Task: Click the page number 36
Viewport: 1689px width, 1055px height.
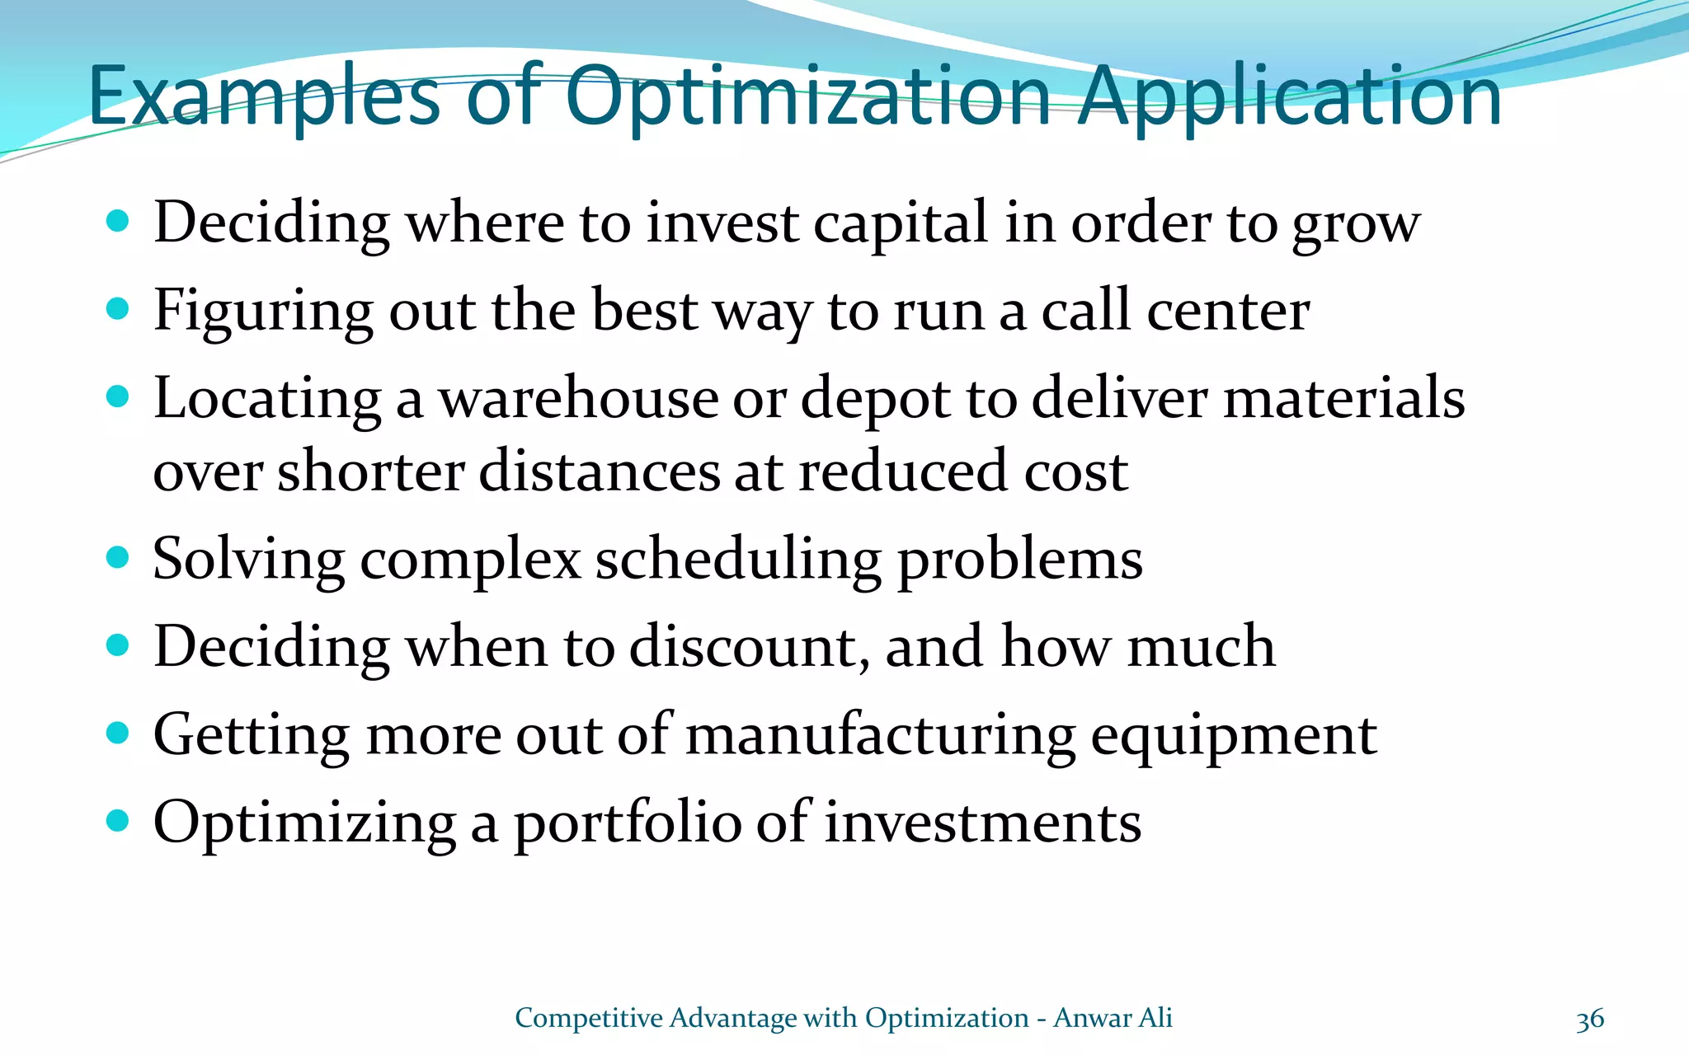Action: (x=1590, y=1020)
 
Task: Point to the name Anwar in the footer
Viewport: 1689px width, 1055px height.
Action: (x=1092, y=1019)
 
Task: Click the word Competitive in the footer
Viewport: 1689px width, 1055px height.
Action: (x=589, y=1019)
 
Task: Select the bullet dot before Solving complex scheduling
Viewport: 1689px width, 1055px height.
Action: (x=119, y=558)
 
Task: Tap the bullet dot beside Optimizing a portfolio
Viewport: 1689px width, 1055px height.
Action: (x=119, y=821)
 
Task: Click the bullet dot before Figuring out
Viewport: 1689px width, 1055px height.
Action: (x=119, y=309)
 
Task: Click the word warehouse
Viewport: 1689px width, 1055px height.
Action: (x=578, y=399)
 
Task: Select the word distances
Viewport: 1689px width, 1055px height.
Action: (x=599, y=471)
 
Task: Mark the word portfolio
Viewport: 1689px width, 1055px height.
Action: (x=628, y=823)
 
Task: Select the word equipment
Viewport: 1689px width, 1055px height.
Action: (x=1234, y=735)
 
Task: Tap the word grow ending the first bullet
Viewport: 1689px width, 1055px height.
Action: (x=1356, y=225)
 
